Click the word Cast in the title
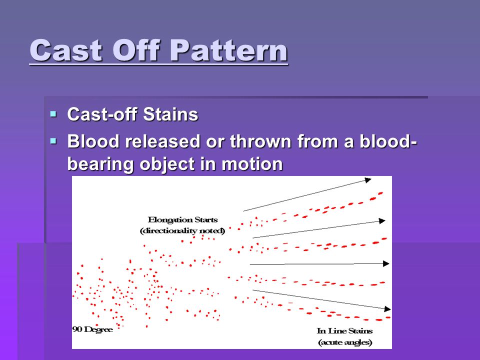click(66, 51)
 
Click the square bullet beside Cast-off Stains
click(53, 114)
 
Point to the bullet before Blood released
click(53, 141)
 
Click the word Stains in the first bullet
click(171, 114)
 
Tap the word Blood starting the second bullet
click(93, 141)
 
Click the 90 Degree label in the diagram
click(93, 329)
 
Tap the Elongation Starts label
click(183, 220)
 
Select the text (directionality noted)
click(182, 231)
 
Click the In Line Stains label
click(344, 331)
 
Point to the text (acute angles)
click(345, 342)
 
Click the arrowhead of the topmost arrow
click(368, 180)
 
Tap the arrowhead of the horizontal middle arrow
click(386, 263)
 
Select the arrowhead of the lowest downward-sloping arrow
click(387, 309)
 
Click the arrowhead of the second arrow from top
click(382, 220)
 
